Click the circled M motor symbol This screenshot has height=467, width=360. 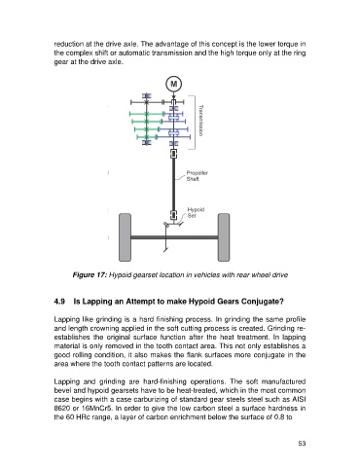pyautogui.click(x=174, y=84)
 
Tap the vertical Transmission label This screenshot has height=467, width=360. pyautogui.click(x=200, y=121)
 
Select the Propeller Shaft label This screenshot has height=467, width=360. pyautogui.click(x=197, y=176)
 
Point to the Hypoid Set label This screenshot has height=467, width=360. pyautogui.click(x=196, y=212)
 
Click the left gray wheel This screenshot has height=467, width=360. pyautogui.click(x=126, y=237)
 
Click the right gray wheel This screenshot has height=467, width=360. pyautogui.click(x=224, y=237)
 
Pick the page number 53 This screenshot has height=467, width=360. pyautogui.click(x=302, y=444)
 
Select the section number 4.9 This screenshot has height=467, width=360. pyautogui.click(x=59, y=302)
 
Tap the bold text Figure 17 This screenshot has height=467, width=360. pyautogui.click(x=90, y=275)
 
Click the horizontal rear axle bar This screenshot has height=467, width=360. pyautogui.click(x=174, y=237)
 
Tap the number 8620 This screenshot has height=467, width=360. pyautogui.click(x=60, y=408)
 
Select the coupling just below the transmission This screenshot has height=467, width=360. pyautogui.click(x=174, y=154)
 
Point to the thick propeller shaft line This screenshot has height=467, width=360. pyautogui.click(x=174, y=184)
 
